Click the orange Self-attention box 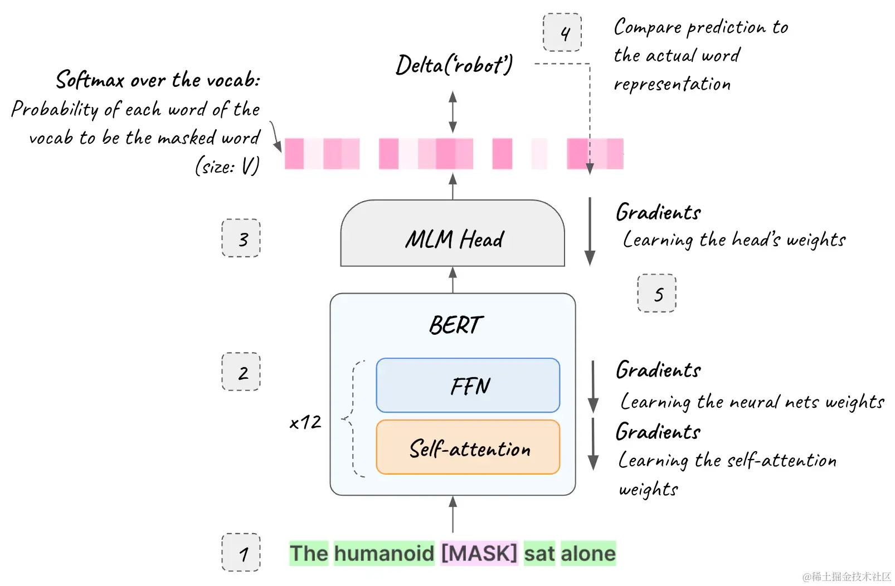(x=468, y=447)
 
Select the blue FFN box (x=468, y=385)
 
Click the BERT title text (x=455, y=325)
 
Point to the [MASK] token (x=479, y=554)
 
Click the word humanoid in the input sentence (x=384, y=554)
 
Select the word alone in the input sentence (x=588, y=554)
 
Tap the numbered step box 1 (x=241, y=553)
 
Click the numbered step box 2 (x=241, y=372)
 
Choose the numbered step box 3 (x=241, y=238)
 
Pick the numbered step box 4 (x=562, y=33)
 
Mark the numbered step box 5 (x=656, y=293)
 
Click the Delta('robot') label (x=454, y=65)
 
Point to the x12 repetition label (x=305, y=422)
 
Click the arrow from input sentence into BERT (x=453, y=515)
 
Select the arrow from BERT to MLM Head (x=453, y=280)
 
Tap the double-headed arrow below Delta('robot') (x=453, y=113)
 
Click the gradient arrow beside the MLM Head (x=590, y=231)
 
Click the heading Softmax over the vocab (x=158, y=80)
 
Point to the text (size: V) (x=227, y=166)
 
